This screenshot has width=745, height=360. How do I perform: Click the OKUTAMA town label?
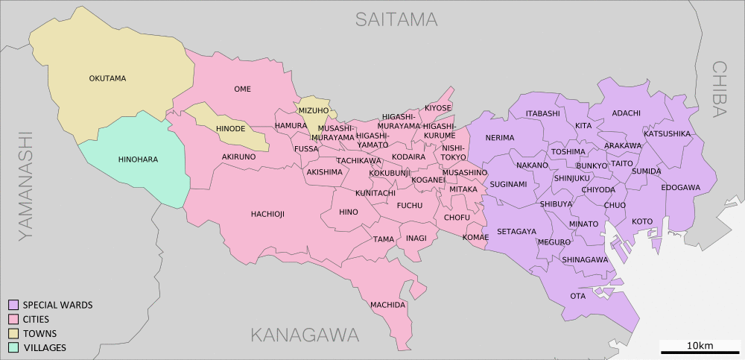click(107, 78)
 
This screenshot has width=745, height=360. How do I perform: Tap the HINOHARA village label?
click(138, 159)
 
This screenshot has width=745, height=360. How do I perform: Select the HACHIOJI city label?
click(267, 214)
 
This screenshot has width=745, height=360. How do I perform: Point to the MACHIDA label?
click(387, 305)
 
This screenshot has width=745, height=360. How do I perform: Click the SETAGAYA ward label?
click(516, 231)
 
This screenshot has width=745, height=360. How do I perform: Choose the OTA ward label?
click(577, 296)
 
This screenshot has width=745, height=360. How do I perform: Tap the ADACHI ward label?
click(626, 113)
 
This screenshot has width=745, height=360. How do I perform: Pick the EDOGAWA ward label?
click(680, 187)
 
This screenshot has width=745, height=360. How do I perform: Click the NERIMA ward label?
click(499, 138)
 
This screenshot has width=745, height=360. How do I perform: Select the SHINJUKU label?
click(571, 178)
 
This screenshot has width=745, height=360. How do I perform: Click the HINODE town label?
click(230, 129)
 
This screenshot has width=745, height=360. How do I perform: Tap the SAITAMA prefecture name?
click(396, 19)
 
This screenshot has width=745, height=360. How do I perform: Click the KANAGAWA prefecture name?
click(305, 335)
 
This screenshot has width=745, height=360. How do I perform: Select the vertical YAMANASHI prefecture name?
click(27, 186)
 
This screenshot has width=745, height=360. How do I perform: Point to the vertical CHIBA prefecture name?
click(718, 89)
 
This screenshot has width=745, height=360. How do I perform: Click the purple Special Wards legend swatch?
click(13, 305)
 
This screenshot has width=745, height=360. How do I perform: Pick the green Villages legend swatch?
click(13, 347)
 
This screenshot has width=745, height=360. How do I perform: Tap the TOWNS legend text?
click(39, 333)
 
